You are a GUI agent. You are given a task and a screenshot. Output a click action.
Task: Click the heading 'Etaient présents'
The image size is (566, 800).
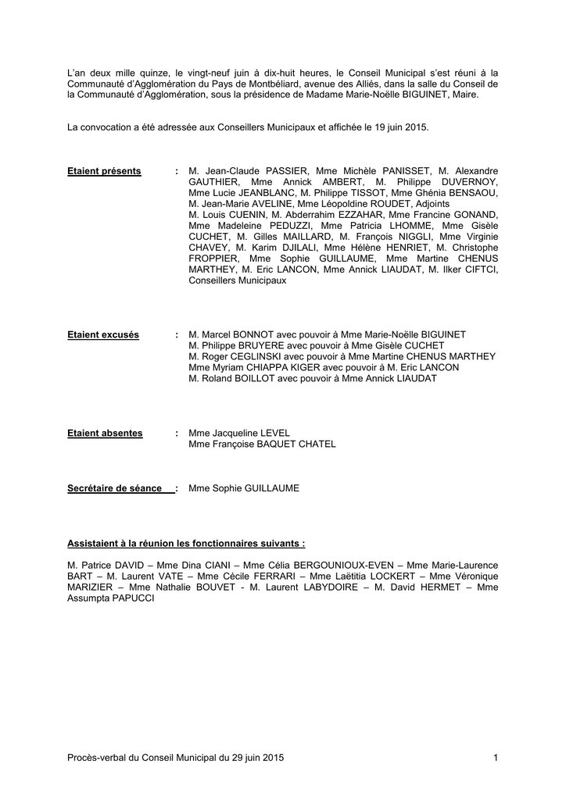(104, 171)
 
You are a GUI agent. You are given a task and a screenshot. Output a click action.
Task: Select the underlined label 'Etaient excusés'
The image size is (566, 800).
(103, 335)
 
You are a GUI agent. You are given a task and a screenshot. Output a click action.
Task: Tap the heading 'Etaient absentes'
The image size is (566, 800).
(105, 433)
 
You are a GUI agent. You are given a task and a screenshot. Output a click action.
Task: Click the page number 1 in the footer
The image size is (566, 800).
(496, 758)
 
